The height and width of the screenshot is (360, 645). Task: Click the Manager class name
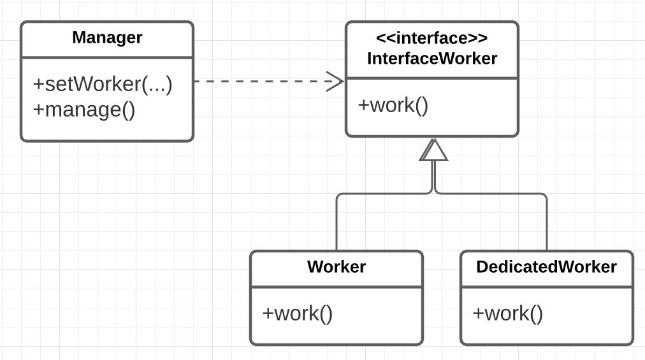point(107,38)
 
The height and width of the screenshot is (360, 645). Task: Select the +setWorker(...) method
point(103,84)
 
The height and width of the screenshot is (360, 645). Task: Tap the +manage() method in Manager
point(84,110)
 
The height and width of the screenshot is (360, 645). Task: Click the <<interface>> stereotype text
point(432,38)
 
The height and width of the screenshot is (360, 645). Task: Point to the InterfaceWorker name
point(432,59)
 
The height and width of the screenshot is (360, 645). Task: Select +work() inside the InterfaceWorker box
point(393,105)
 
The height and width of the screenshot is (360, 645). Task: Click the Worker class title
point(337,266)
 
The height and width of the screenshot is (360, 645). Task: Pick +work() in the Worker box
point(298,313)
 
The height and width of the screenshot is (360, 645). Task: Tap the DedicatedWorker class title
point(546,266)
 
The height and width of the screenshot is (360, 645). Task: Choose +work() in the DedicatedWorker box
point(508,313)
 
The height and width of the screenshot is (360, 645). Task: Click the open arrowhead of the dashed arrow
point(335,82)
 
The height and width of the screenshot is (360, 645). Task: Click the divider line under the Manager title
point(107,57)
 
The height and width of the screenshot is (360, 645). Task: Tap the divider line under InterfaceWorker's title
point(432,78)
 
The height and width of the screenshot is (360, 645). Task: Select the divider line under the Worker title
point(337,287)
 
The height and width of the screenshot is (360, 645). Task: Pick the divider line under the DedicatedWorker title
point(546,287)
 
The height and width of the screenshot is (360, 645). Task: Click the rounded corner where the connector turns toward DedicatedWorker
point(544,196)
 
